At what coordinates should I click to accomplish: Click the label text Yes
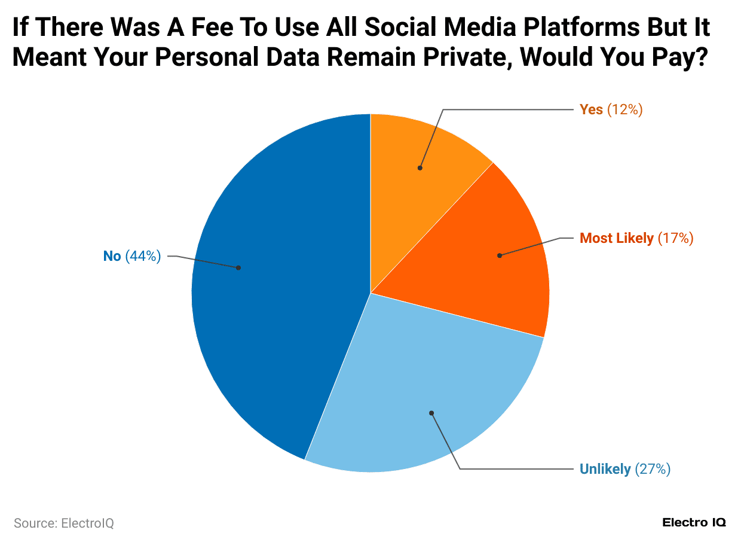pos(591,109)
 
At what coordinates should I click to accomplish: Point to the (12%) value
pos(624,109)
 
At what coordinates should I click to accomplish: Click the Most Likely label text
pos(617,238)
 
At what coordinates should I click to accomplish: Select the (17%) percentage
pos(675,238)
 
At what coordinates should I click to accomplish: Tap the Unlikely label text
pos(605,469)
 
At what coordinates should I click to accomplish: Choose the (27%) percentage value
pos(653,469)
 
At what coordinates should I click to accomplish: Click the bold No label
pos(112,256)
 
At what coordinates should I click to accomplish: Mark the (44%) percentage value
pos(143,256)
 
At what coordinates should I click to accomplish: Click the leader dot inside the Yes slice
pos(420,168)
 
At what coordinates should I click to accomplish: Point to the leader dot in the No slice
pos(238,267)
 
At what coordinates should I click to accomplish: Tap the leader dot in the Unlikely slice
pos(431,413)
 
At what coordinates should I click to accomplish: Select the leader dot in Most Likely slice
pos(500,255)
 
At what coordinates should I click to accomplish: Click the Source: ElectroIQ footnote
pos(63,523)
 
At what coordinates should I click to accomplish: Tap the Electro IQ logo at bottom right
pos(694,522)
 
